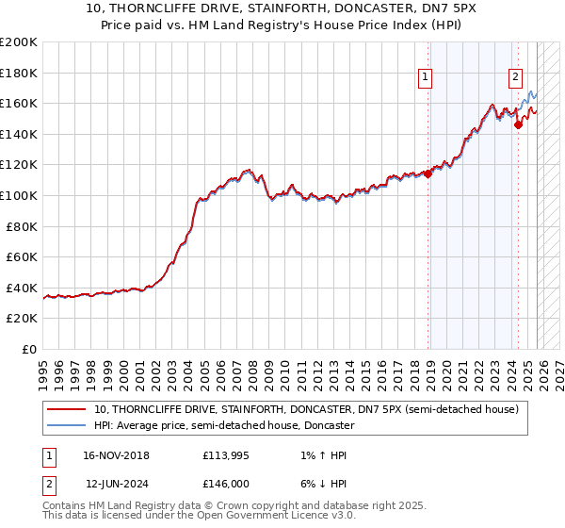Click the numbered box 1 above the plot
point(426,78)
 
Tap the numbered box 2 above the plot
point(516,78)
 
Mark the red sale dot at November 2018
point(428,173)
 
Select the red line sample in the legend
point(67,409)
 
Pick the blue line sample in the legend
point(67,425)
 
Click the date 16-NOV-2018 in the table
point(117,455)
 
